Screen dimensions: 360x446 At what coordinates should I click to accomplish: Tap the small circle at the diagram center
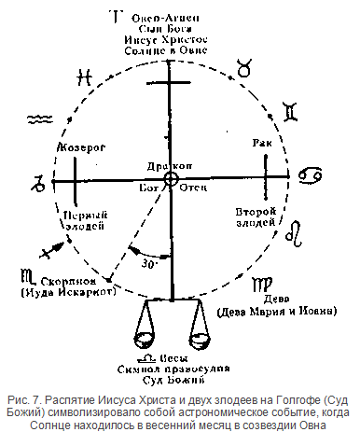(171, 178)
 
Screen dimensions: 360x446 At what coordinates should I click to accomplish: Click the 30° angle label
(147, 264)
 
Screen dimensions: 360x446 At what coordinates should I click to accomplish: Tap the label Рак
(261, 142)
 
